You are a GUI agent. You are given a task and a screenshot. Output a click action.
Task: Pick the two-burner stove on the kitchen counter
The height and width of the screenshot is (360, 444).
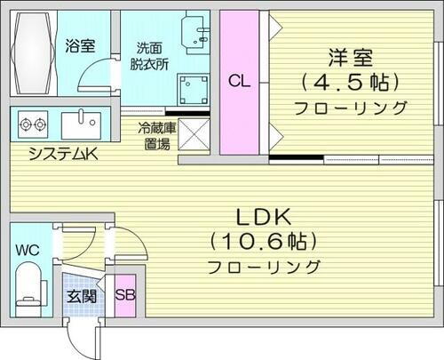33,124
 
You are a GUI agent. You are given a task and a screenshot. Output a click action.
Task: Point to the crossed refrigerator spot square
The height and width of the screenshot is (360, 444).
193,134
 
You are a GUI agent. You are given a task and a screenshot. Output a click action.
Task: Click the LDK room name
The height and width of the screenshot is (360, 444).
264,216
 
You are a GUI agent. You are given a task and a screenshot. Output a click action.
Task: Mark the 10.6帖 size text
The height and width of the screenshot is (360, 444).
264,241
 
